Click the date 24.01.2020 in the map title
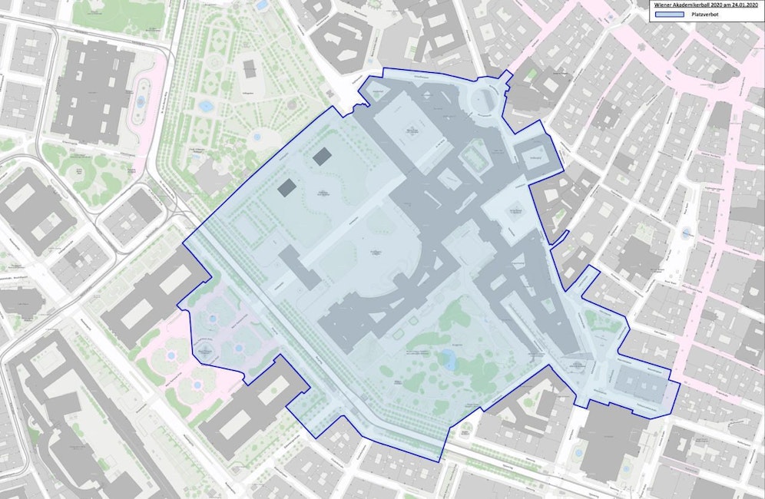[x=739, y=5]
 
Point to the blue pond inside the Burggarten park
[x=447, y=355]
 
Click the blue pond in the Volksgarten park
[x=205, y=106]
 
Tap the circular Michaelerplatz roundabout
[x=485, y=97]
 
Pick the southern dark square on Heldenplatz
[x=286, y=187]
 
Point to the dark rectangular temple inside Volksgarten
[x=249, y=68]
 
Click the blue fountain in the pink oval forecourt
[x=140, y=101]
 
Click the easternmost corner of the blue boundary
[x=678, y=384]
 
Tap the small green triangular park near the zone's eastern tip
[x=603, y=320]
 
